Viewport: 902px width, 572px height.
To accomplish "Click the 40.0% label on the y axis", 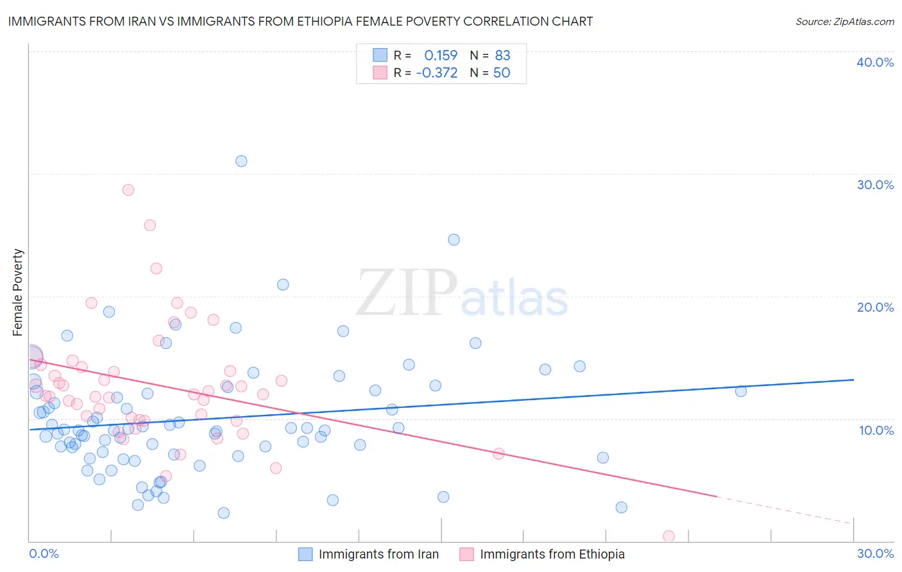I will tap(875, 62).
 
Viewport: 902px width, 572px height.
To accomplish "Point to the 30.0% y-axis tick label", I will tap(875, 185).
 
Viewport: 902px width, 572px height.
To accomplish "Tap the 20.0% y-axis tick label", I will tap(875, 307).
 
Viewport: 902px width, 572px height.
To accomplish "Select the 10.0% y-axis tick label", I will tap(876, 430).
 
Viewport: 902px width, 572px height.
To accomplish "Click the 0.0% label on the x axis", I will tap(44, 553).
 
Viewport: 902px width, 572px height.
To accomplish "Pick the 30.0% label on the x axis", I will tap(875, 553).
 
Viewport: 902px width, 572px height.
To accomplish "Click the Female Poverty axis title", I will tap(18, 292).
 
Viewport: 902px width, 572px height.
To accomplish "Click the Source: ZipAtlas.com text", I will tap(844, 22).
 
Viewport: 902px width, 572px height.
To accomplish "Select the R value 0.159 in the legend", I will tap(441, 56).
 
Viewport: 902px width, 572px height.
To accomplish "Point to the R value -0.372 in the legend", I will tap(437, 73).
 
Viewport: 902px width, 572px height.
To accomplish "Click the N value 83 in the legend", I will tap(502, 56).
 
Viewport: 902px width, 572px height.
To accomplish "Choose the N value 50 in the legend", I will tap(502, 73).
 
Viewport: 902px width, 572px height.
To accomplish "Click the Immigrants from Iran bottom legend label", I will tap(379, 554).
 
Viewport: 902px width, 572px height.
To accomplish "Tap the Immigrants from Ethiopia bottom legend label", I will tap(552, 554).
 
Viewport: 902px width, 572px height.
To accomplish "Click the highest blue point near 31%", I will tap(241, 161).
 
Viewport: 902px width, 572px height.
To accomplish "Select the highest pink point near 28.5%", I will tap(128, 190).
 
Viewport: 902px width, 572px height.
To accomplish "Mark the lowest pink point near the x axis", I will tap(668, 536).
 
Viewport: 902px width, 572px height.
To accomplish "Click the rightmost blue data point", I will tap(741, 391).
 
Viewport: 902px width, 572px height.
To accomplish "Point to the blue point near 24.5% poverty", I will tap(454, 240).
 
